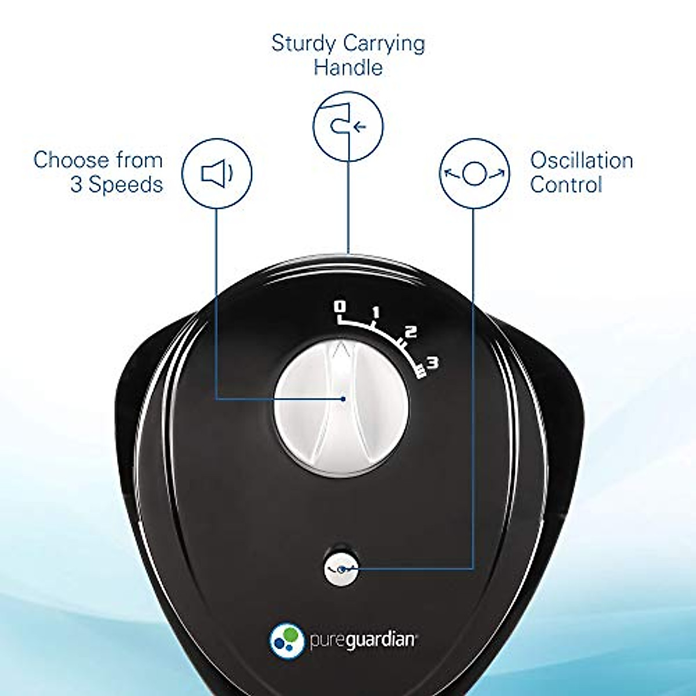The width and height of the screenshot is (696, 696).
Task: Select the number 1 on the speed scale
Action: point(375,313)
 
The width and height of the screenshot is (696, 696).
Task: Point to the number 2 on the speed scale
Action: point(411,332)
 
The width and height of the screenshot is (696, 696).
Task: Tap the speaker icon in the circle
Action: point(217,173)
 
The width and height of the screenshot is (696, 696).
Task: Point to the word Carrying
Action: point(383,44)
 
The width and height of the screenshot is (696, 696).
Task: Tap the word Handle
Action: point(348,67)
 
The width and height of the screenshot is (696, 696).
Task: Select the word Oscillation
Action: point(581,160)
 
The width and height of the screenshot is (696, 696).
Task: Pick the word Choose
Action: point(71,160)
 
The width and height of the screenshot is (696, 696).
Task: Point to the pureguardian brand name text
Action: point(362,640)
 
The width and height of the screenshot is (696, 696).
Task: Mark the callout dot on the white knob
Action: point(344,398)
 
